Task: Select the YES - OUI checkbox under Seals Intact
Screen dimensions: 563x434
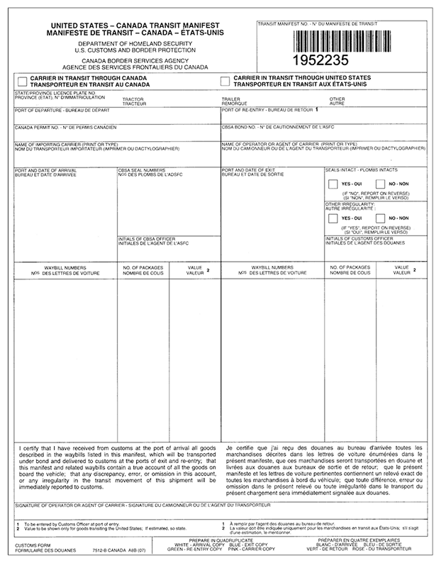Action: (x=333, y=184)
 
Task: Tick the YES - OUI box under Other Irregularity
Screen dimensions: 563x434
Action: (x=333, y=218)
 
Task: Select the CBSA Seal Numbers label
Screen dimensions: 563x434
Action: (x=142, y=172)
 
